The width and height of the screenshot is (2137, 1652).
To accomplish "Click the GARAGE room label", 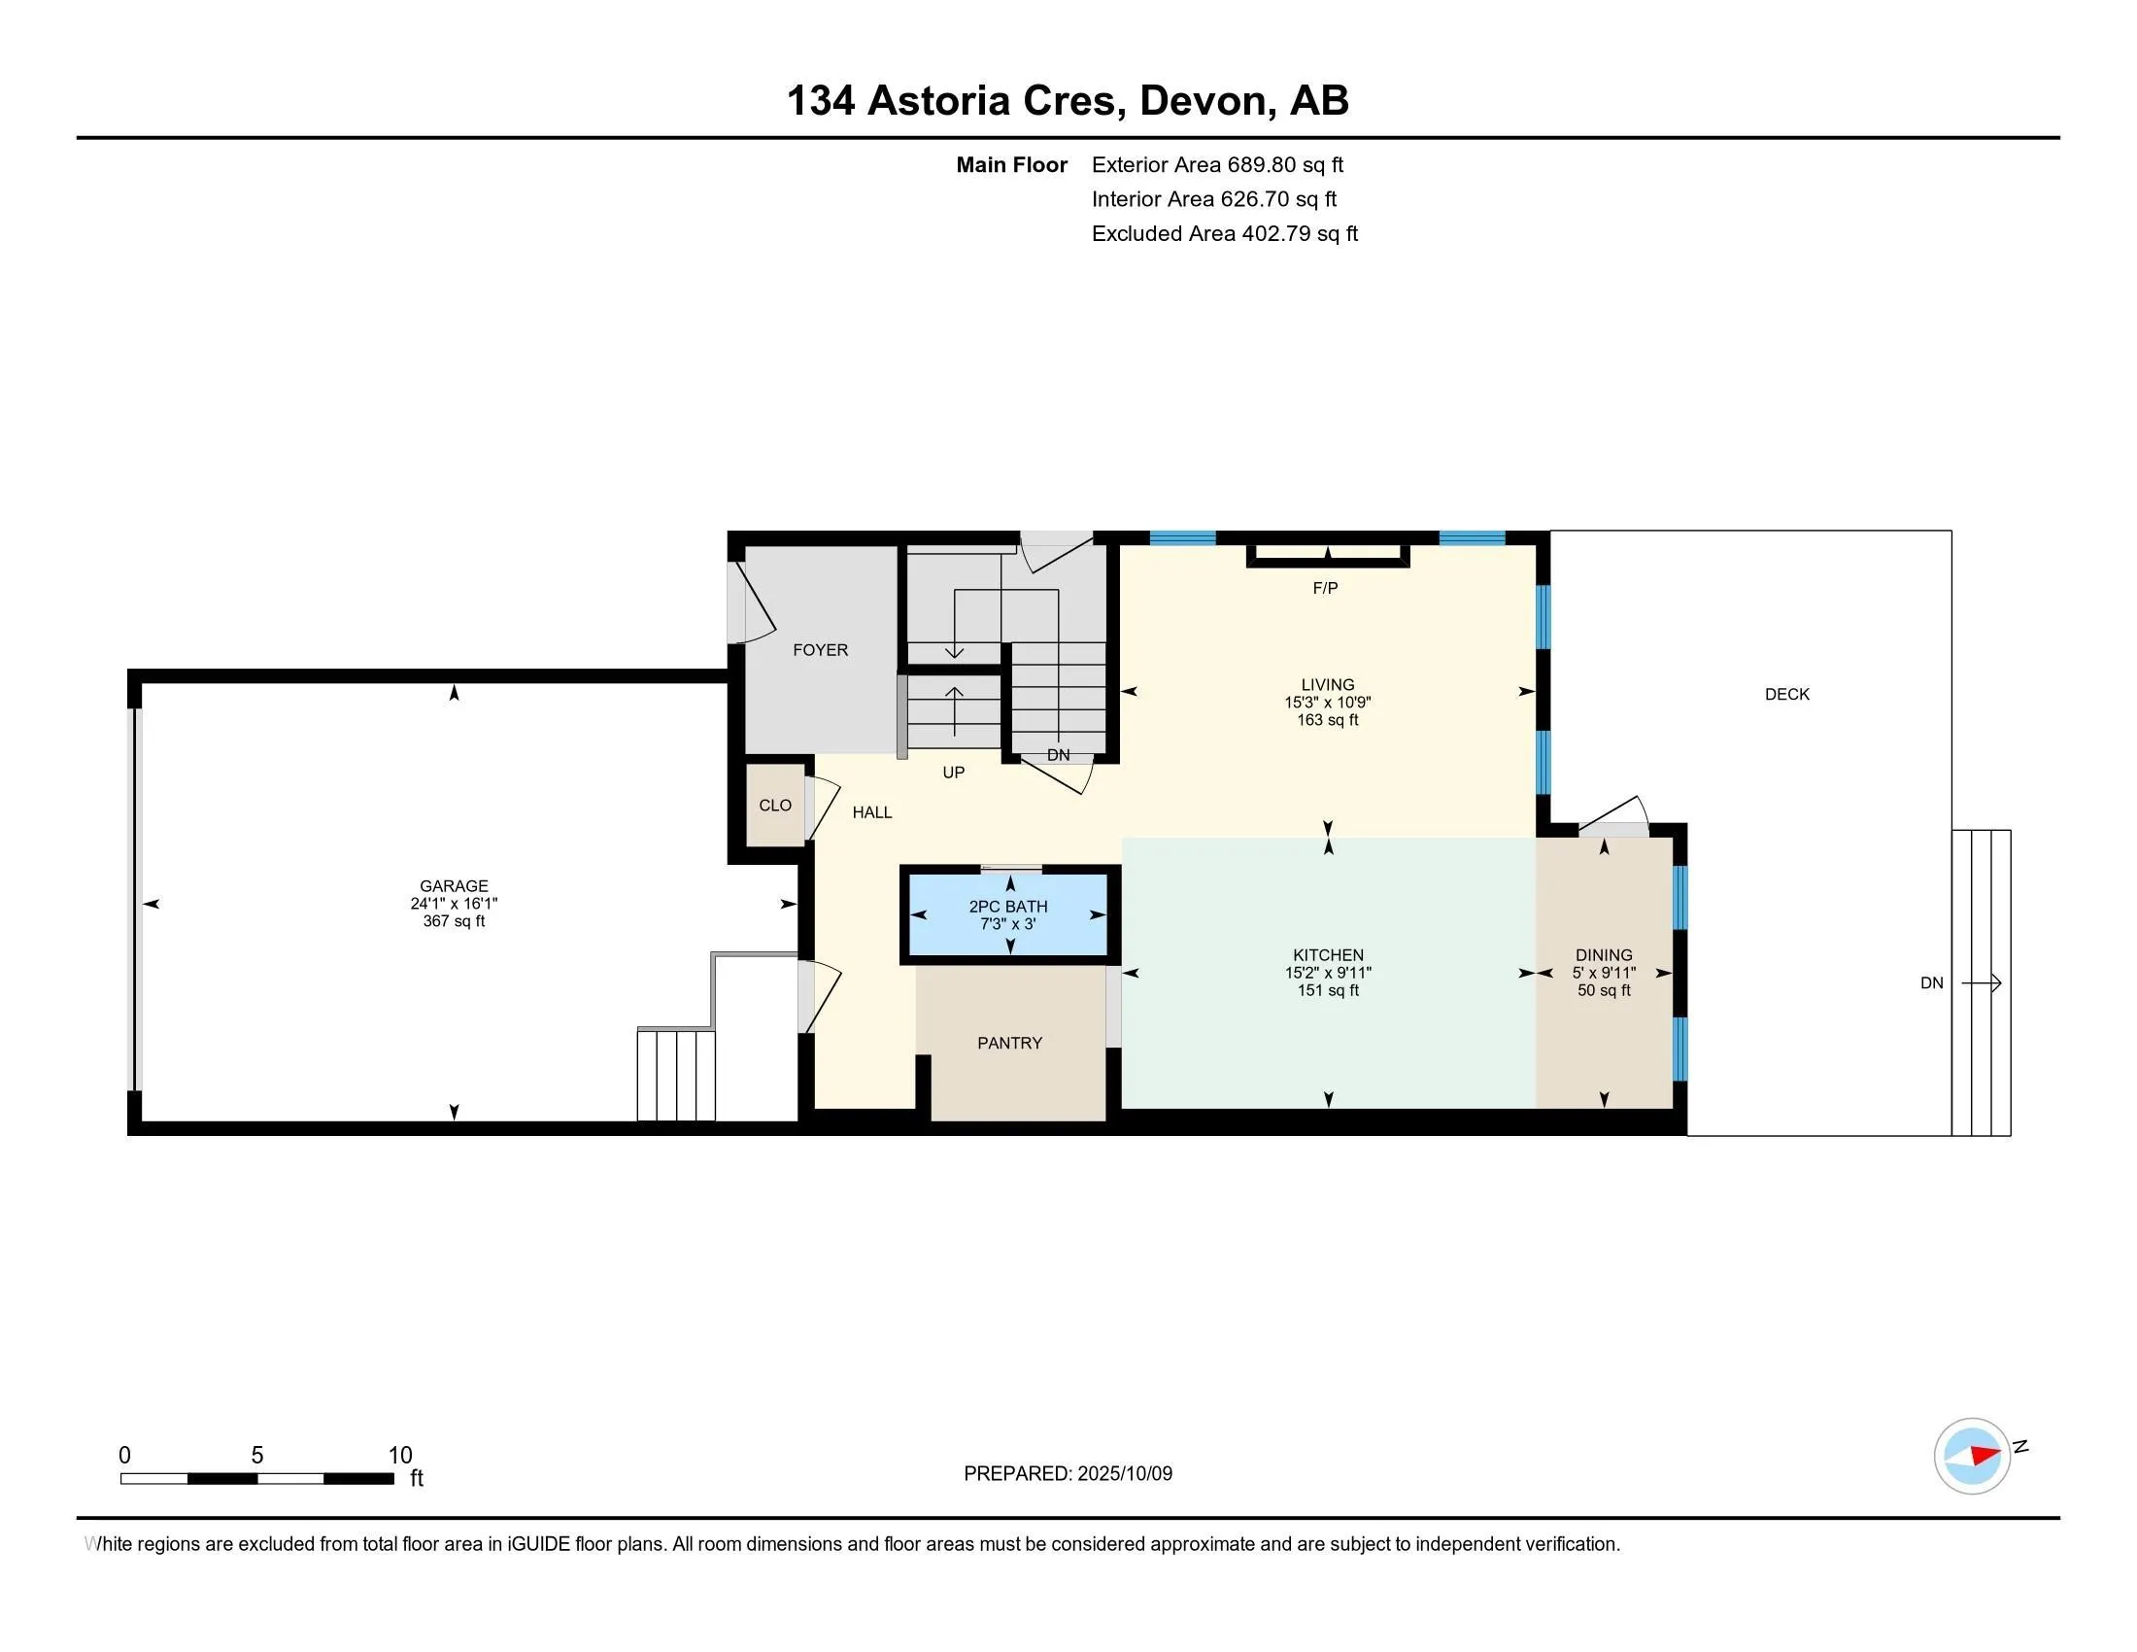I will pos(453,885).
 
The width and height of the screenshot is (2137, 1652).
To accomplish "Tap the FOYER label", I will pos(820,650).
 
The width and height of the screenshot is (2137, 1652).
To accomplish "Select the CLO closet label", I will pos(775,806).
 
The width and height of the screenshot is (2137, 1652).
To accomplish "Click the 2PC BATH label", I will pos(1008,907).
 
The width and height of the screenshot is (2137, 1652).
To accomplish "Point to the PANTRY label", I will pos(1010,1044).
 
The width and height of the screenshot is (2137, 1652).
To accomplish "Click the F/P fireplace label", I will pos(1325,588).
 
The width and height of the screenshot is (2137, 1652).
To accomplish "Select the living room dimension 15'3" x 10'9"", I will pos(1327,703).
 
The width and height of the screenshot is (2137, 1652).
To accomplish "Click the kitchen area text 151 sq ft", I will pos(1327,990).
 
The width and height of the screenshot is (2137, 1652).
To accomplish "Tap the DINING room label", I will pos(1603,955).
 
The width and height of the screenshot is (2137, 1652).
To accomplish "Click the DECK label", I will pos(1786,694).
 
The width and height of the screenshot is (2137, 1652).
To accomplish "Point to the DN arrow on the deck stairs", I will pos(1981,982).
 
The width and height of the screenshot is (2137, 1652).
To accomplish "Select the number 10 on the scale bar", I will pos(400,1456).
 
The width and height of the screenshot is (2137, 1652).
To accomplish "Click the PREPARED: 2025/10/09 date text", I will pos(1068,1474).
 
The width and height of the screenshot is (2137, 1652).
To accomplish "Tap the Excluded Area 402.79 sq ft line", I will pos(1224,234).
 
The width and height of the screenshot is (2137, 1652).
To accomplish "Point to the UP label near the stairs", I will pos(953,773).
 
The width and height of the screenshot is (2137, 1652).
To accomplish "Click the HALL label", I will pos(872,812).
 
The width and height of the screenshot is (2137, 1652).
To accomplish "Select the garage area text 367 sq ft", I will pos(453,921).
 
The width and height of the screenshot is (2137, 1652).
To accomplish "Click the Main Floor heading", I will pos(1011,165).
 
